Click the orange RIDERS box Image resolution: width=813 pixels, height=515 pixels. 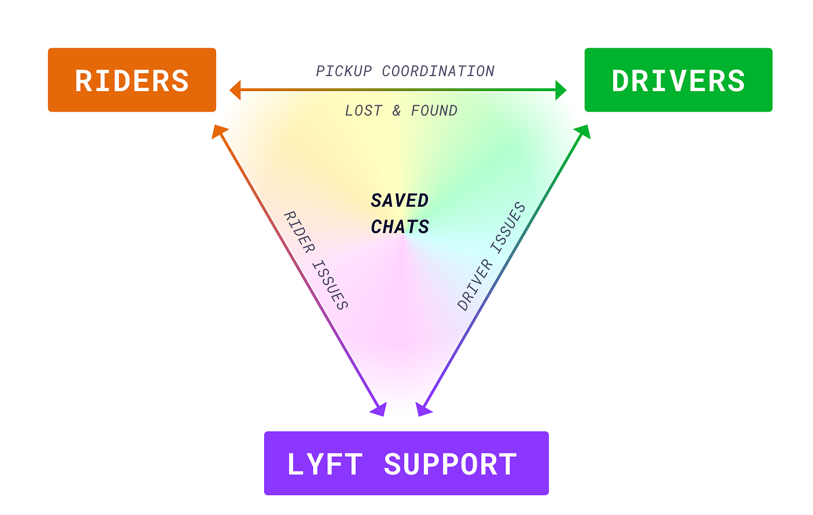[132, 80]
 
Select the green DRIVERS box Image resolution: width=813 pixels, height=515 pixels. [678, 80]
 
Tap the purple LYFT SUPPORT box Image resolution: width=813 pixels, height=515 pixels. [406, 463]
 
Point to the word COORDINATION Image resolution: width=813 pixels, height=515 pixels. [438, 71]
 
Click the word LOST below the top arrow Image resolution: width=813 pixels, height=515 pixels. [364, 110]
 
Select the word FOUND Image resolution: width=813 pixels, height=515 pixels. [434, 110]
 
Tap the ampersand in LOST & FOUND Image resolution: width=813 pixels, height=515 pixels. [397, 110]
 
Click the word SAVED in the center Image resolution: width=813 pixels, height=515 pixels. [400, 200]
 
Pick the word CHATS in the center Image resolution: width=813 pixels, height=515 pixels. [400, 226]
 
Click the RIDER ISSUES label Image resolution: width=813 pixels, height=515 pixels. [316, 260]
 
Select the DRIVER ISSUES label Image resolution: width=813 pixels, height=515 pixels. [491, 257]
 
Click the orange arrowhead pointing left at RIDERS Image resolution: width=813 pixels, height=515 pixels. [235, 90]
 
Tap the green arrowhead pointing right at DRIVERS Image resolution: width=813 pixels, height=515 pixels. [560, 90]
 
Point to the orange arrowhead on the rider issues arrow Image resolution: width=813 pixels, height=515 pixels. [219, 131]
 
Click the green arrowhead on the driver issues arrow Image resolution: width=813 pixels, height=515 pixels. [583, 132]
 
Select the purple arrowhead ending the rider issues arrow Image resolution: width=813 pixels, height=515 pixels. [379, 409]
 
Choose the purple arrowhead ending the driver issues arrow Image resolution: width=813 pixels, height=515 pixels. [423, 409]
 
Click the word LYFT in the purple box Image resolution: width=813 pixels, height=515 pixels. [325, 464]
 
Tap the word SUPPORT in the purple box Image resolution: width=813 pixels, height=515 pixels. [450, 464]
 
